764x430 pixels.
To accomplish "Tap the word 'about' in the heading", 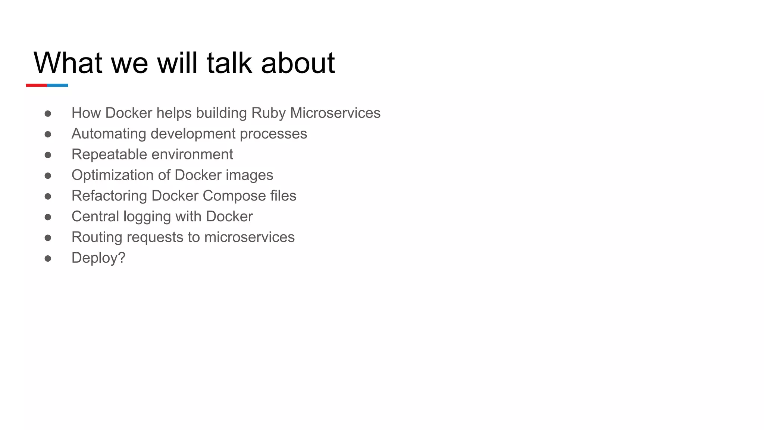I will click(298, 63).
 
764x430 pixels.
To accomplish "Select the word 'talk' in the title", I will click(229, 63).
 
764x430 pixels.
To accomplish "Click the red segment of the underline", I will click(36, 85).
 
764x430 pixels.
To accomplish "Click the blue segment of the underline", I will click(57, 85).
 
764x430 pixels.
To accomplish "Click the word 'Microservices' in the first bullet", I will click(335, 113).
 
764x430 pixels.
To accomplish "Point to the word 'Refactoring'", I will click(109, 196).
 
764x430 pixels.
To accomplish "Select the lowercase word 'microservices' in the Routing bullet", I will click(249, 237).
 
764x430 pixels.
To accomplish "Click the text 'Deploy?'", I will click(98, 258).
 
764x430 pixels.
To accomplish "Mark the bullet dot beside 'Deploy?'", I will click(48, 258).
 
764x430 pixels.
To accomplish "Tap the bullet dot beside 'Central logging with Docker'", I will click(48, 217).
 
